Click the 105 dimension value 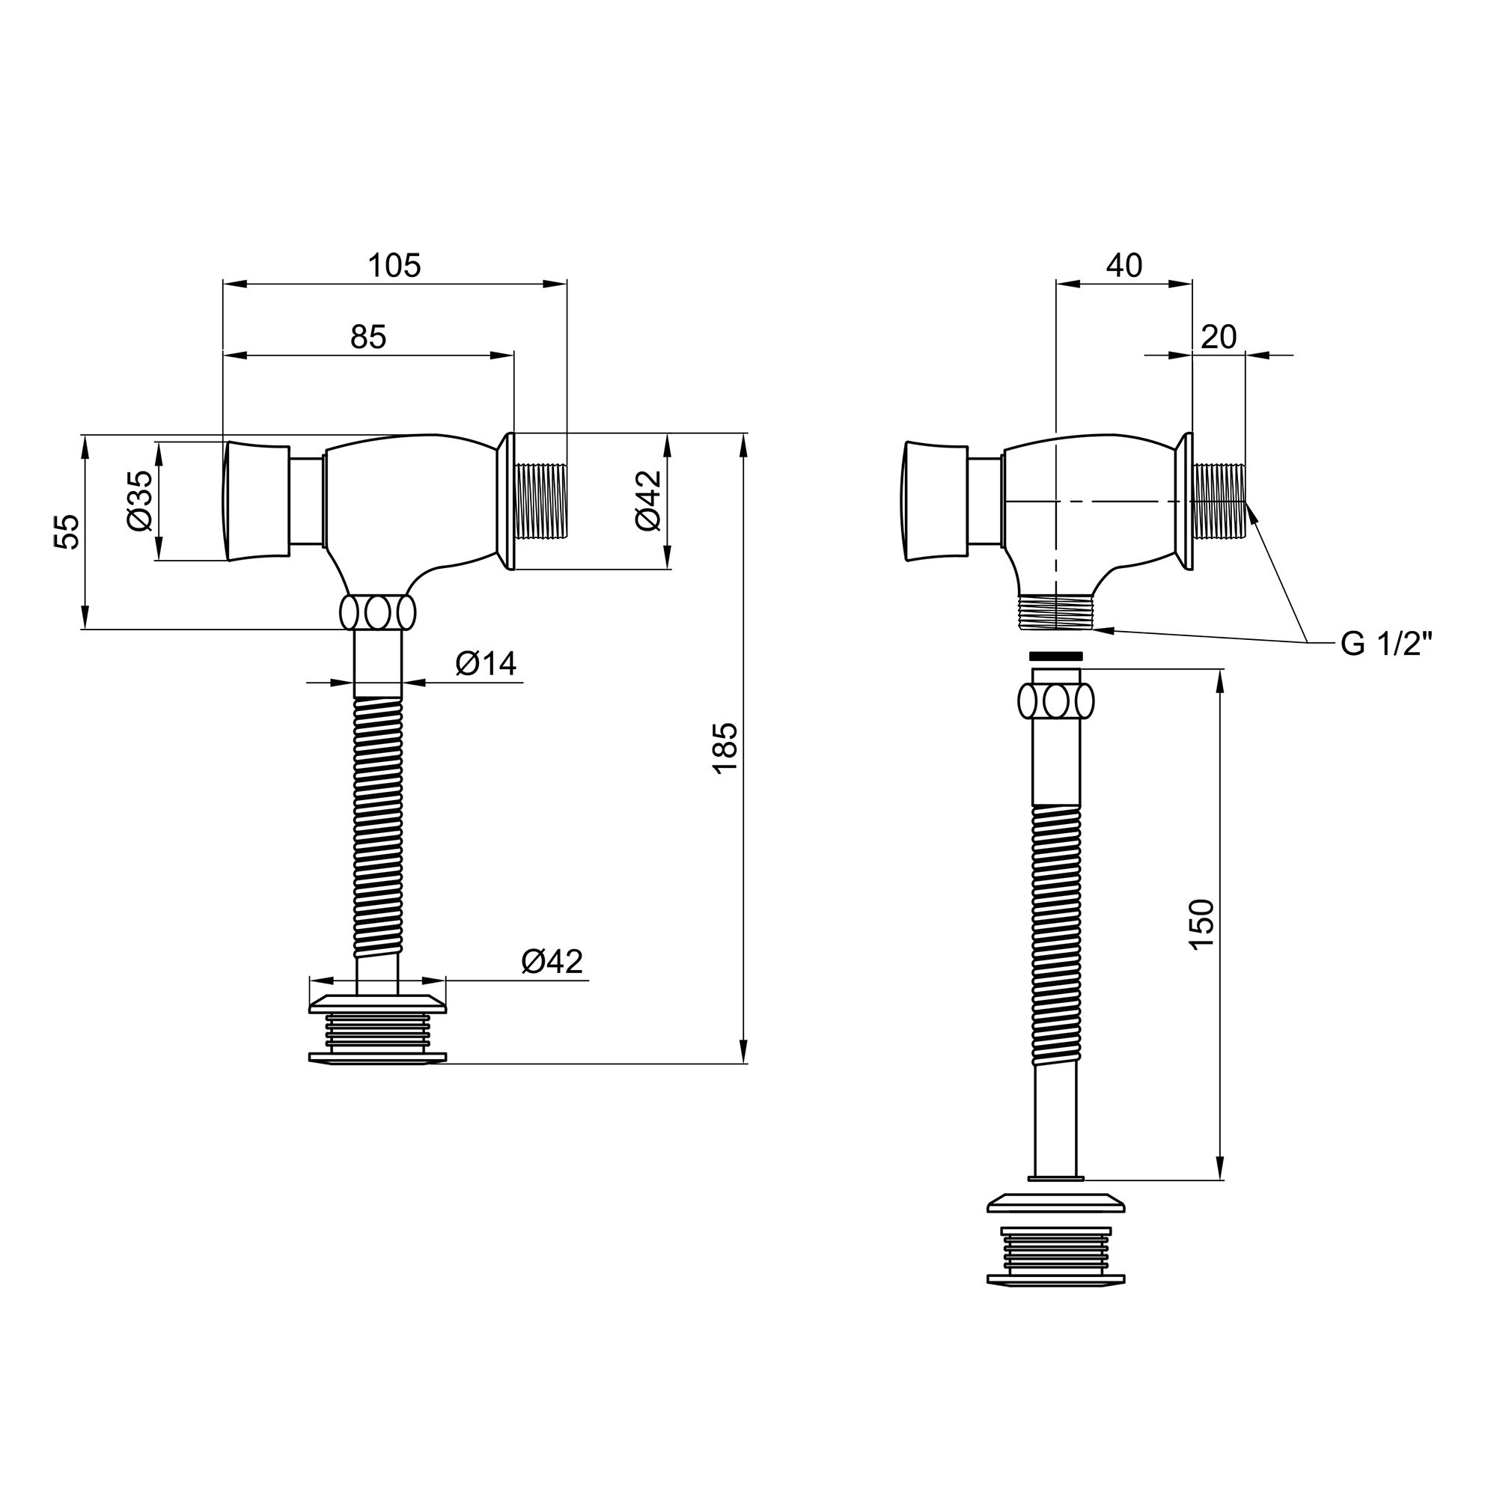(x=394, y=266)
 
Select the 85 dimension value (x=368, y=337)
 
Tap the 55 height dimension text (x=69, y=531)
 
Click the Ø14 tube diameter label (x=486, y=663)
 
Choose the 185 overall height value (x=725, y=748)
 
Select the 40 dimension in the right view (x=1123, y=266)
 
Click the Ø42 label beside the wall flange (x=647, y=501)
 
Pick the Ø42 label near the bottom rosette (x=552, y=962)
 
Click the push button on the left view (x=257, y=501)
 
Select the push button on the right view (x=936, y=501)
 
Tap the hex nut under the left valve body (x=377, y=613)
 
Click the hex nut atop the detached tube (x=1055, y=702)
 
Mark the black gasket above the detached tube (x=1055, y=656)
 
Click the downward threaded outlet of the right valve (x=1055, y=612)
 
